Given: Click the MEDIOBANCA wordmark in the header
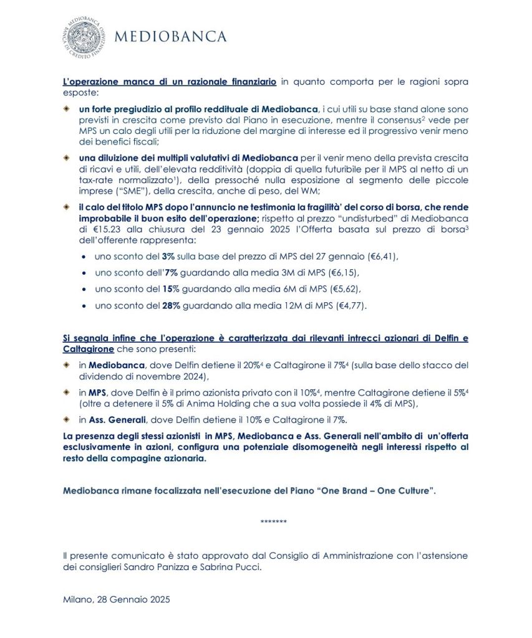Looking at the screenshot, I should (x=170, y=37).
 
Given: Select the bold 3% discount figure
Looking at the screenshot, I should (x=167, y=256).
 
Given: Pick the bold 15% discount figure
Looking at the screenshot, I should (x=170, y=289).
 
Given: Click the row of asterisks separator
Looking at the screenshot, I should (x=273, y=521).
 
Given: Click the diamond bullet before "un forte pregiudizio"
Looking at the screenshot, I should (x=67, y=108).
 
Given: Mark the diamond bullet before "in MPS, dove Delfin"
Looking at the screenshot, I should (x=67, y=393).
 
